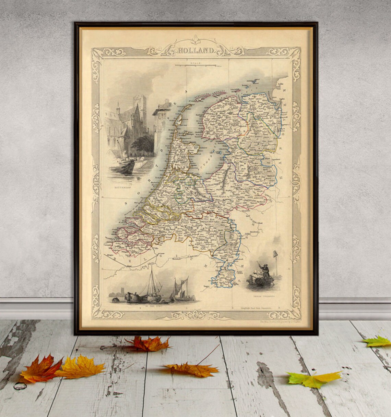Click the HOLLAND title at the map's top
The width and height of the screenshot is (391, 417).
point(196,51)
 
